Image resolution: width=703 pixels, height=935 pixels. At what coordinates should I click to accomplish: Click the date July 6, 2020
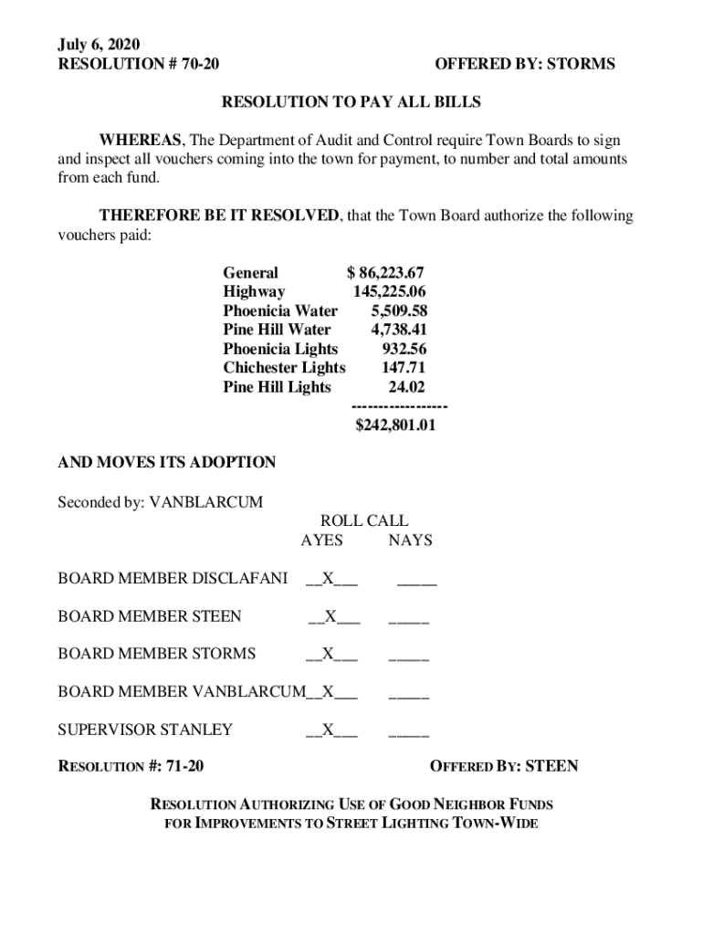coord(100,44)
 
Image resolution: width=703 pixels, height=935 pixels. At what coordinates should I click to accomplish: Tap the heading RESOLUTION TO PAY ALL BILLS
coord(351,102)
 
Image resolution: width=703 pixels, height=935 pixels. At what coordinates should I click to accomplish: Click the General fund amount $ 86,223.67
coord(385,273)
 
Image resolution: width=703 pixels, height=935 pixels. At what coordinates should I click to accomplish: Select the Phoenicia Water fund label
coord(280,311)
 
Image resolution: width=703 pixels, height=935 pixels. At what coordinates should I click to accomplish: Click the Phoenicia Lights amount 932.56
coord(404,349)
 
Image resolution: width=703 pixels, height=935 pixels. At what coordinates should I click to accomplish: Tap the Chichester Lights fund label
coord(284,368)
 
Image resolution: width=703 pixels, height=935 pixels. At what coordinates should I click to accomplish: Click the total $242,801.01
coord(394,425)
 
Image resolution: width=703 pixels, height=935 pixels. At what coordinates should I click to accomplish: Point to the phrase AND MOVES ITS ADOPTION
coord(167,463)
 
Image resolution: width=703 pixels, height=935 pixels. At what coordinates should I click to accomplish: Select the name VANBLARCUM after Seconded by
coord(206,502)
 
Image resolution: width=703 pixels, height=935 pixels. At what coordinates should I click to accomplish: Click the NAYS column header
coord(410,541)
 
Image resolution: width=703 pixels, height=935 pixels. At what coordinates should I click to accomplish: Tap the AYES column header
coord(321,541)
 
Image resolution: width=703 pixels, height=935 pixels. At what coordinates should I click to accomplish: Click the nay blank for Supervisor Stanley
coord(409,730)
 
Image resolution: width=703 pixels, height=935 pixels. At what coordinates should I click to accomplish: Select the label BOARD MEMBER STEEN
coord(150,616)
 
